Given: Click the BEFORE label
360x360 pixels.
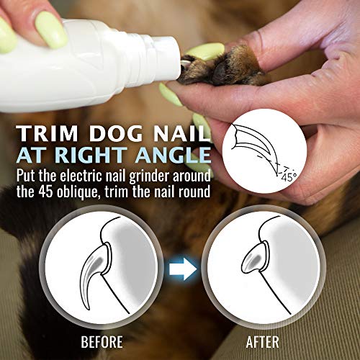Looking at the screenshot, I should pos(101,341).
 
